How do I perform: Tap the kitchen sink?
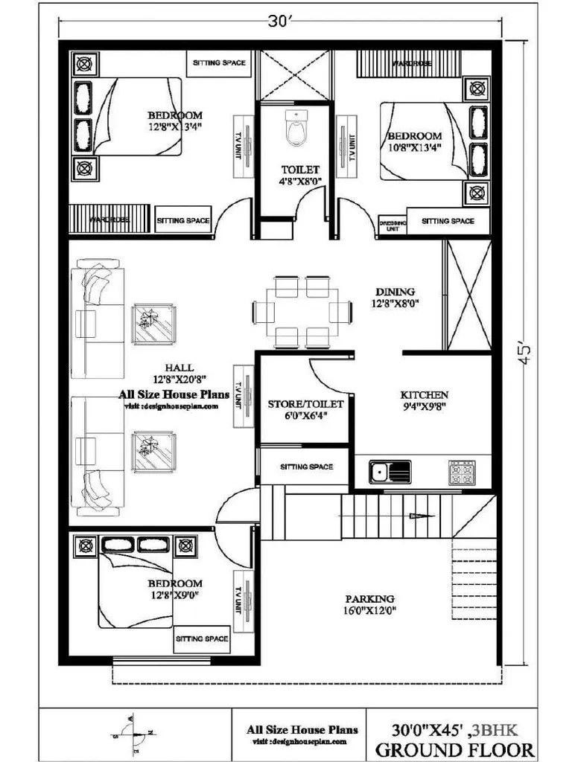(x=390, y=472)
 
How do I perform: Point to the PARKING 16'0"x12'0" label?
(x=369, y=604)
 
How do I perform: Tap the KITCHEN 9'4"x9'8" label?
(x=424, y=400)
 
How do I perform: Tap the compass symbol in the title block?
(x=135, y=733)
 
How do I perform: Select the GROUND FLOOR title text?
(x=454, y=749)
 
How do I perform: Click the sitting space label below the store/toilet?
(x=306, y=467)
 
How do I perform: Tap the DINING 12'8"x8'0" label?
(x=396, y=298)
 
